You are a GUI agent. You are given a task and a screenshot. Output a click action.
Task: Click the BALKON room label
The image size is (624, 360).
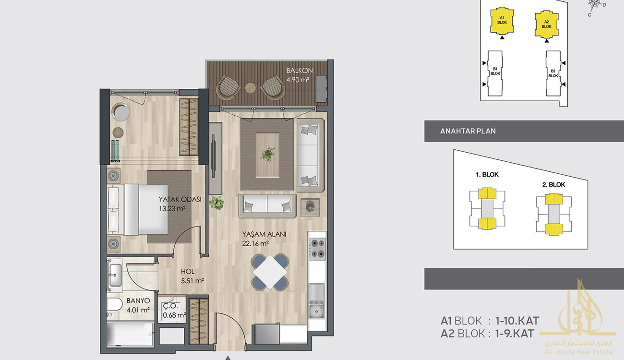[x=300, y=71]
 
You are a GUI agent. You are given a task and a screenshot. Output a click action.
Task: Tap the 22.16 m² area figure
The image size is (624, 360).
[x=255, y=243]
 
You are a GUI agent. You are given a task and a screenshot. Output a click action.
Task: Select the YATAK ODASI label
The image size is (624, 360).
[x=180, y=199]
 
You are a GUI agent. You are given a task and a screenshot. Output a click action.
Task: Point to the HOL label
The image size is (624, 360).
[x=188, y=271]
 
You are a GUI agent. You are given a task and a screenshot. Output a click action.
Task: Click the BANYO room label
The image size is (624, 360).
[x=138, y=300]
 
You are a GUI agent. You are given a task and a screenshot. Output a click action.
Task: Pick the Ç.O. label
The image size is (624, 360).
[x=170, y=306]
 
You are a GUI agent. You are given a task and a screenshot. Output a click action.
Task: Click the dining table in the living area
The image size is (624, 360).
[x=270, y=272]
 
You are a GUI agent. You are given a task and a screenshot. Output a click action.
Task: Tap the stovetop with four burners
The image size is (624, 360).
[x=317, y=249]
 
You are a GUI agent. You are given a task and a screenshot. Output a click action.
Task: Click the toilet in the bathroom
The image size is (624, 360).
[x=114, y=304]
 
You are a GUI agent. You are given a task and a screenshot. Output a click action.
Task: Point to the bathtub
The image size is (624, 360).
[x=130, y=335]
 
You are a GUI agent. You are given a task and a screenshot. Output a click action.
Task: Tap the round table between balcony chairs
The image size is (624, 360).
[x=250, y=88]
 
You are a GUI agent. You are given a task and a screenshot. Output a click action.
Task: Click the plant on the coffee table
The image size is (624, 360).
[x=268, y=154]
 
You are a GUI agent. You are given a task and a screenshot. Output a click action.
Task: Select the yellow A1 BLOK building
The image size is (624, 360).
[x=502, y=21]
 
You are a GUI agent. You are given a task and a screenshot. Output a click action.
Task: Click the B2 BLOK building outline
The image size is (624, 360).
[x=553, y=73]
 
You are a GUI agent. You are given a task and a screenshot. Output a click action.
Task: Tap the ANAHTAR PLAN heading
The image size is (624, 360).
[x=468, y=131]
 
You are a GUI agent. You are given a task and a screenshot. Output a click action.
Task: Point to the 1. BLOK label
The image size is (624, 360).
[x=487, y=175]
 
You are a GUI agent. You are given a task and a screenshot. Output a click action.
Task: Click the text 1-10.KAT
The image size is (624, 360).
[x=517, y=321]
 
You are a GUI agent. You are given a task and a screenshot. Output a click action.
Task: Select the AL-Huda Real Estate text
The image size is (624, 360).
[x=578, y=352]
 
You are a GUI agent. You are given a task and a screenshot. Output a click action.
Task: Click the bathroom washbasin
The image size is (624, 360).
[x=115, y=276]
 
